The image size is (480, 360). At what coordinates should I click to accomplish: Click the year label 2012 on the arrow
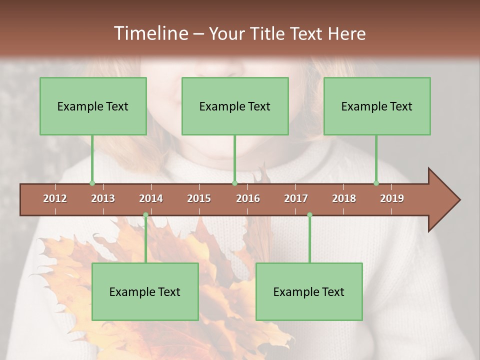[55, 198]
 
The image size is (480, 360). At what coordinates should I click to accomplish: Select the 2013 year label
[103, 198]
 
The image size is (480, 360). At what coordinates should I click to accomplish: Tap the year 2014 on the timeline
[151, 198]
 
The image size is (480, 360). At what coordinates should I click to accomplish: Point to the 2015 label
[199, 198]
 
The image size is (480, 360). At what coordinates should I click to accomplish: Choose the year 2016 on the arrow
[248, 198]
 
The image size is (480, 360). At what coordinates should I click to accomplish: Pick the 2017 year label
[296, 198]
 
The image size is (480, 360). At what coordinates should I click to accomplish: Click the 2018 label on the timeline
[344, 198]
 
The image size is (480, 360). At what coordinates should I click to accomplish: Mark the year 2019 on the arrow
[392, 198]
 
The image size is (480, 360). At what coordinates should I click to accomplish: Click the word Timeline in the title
[149, 33]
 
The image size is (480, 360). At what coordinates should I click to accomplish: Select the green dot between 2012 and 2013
[92, 183]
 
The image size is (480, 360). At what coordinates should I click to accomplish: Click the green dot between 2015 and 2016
[234, 183]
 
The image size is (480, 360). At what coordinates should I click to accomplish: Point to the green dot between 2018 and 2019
[376, 183]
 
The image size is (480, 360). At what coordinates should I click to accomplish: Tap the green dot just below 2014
[145, 215]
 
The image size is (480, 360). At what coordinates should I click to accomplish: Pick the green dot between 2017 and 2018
[309, 215]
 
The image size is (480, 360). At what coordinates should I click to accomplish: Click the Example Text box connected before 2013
[93, 106]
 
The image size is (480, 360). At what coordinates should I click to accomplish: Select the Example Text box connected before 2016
[235, 106]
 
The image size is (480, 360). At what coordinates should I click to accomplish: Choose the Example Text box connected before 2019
[377, 106]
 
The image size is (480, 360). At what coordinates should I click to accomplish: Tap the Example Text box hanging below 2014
[145, 291]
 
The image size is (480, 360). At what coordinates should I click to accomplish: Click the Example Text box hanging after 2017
[309, 291]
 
